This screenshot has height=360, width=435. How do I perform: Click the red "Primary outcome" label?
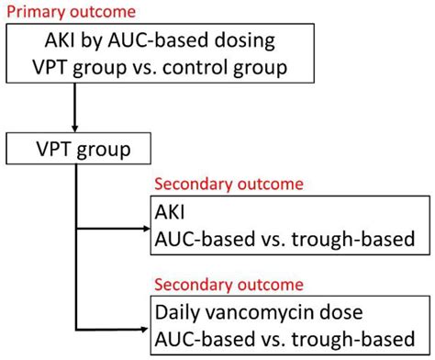point(71,12)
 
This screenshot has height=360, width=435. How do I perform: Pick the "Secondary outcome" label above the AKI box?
point(229,184)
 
